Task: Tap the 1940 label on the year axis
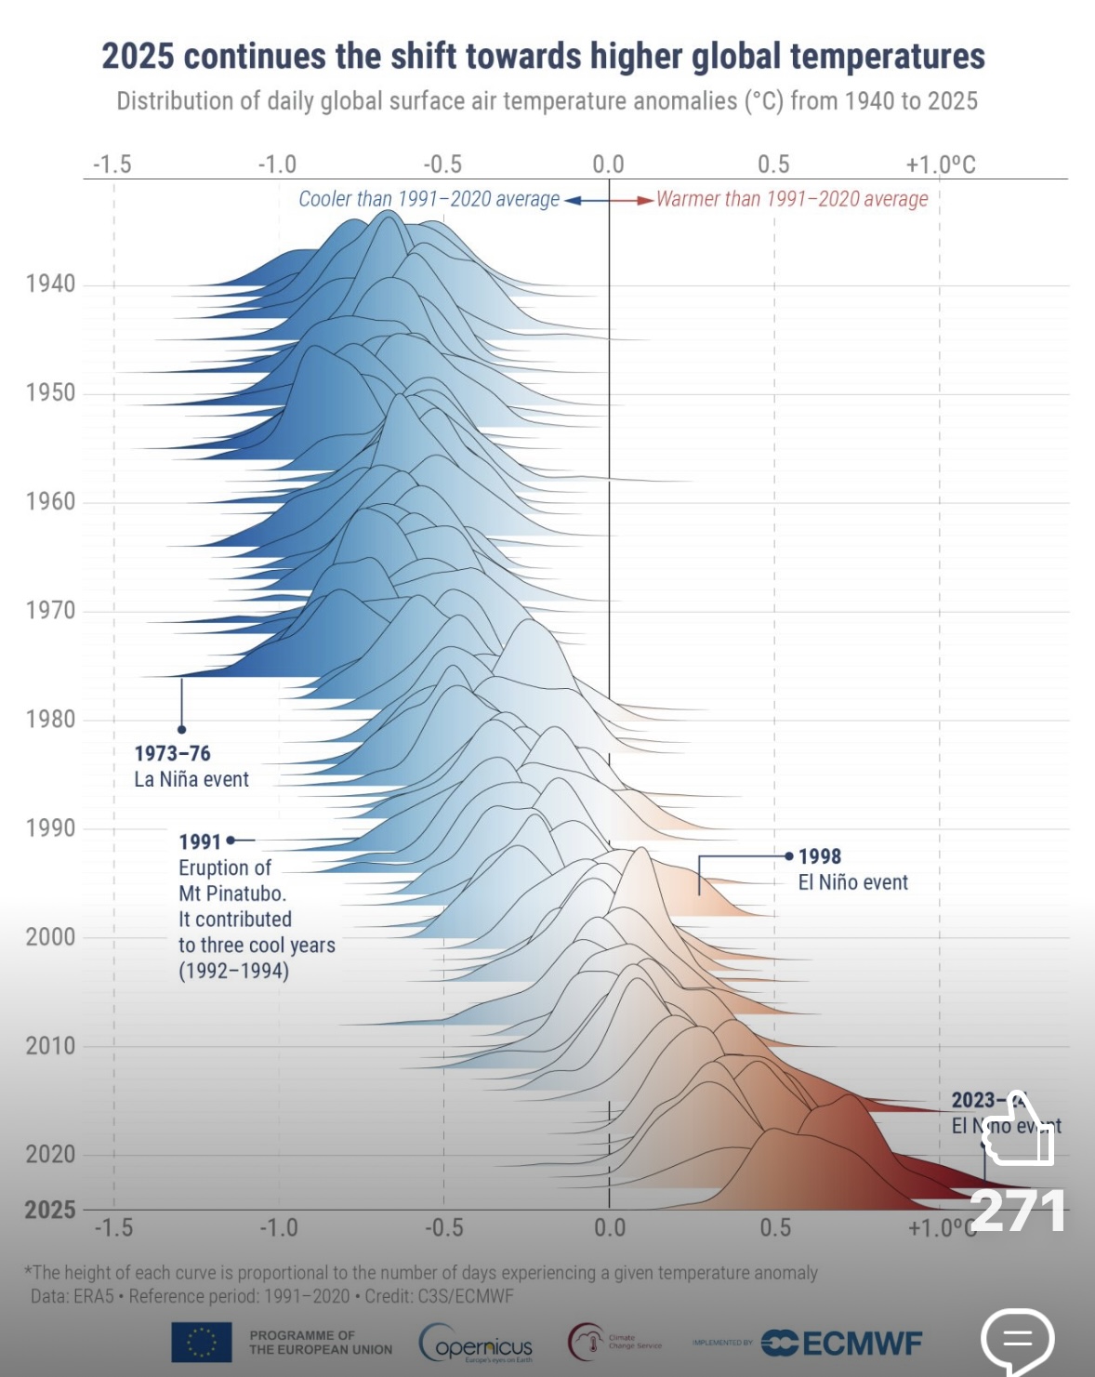[50, 285]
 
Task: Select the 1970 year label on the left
[50, 611]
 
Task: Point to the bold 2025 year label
[50, 1210]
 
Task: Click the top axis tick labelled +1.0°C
[941, 166]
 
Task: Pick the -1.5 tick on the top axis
[112, 166]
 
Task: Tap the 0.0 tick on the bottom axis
[609, 1228]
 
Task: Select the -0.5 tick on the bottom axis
[443, 1228]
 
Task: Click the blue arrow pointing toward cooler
[573, 200]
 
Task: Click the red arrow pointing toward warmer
[645, 200]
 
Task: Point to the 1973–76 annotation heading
[172, 753]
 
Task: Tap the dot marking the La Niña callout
[181, 730]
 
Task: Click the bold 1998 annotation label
[819, 856]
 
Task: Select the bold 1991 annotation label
[200, 841]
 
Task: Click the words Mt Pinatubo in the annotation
[231, 894]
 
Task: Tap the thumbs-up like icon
[1017, 1130]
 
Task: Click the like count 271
[1017, 1211]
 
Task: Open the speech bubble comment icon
[1017, 1340]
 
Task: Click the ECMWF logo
[841, 1343]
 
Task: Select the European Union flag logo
[201, 1342]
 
